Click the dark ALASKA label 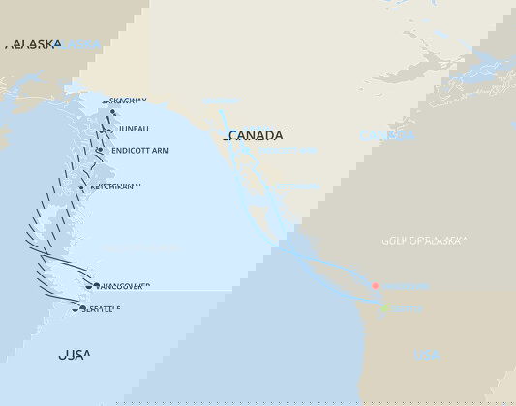coord(34,44)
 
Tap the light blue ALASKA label coord(82,44)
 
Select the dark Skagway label coord(123,100)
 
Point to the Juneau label coord(134,129)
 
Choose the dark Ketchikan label coord(116,187)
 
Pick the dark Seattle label coord(102,309)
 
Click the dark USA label coord(75,355)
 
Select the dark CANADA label coord(256,135)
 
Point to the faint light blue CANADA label coord(387,135)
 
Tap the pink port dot coord(375,286)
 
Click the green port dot coord(384,309)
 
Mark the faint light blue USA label coord(426,355)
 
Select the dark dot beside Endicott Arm coord(100,151)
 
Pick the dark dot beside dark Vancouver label coord(89,286)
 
